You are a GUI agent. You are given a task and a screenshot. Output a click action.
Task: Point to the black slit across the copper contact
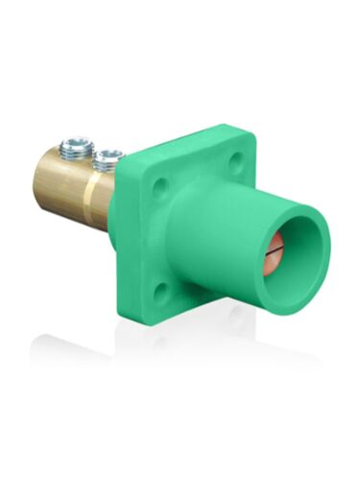[x=275, y=249]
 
